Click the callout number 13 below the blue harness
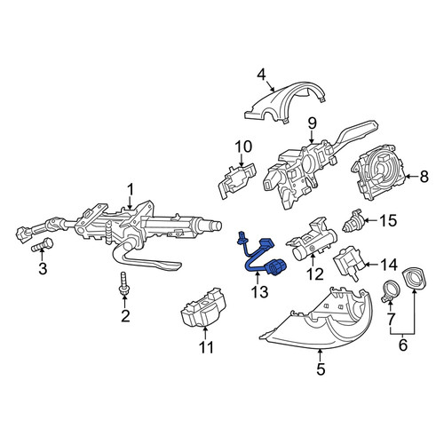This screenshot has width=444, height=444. click(x=260, y=291)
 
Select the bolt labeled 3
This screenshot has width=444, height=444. click(x=42, y=245)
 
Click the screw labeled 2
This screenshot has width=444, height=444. click(x=124, y=284)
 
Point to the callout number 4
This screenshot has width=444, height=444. click(x=262, y=75)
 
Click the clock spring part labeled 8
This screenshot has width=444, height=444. click(x=378, y=172)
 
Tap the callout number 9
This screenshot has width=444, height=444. click(x=312, y=123)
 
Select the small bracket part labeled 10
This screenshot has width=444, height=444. click(x=236, y=179)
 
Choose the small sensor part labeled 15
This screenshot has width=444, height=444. click(x=353, y=221)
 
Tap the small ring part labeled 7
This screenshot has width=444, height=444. click(x=391, y=292)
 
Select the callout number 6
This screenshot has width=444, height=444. click(x=403, y=345)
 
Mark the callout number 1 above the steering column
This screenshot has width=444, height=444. click(x=130, y=190)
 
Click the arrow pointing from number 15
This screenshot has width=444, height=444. click(x=370, y=220)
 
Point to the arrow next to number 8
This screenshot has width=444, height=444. click(x=410, y=177)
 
